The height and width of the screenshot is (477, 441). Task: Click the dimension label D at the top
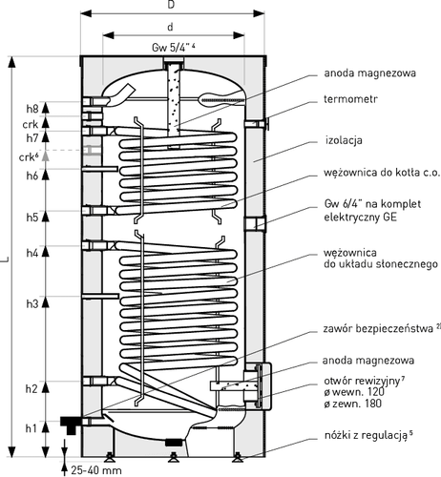tap(171, 5)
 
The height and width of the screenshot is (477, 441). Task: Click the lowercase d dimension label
tap(171, 27)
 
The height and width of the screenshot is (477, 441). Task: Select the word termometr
tap(350, 99)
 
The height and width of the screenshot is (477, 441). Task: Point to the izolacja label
tap(344, 140)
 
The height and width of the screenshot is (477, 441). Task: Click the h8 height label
tap(32, 109)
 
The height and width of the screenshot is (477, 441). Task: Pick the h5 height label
tap(32, 218)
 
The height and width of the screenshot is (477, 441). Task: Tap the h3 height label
tap(32, 303)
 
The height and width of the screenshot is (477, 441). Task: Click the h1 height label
tap(31, 428)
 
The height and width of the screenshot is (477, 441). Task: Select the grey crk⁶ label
tap(30, 156)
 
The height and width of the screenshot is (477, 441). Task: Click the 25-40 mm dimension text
tap(96, 470)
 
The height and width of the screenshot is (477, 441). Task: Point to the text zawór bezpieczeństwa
tap(378, 328)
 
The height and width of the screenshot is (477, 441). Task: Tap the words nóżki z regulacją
tap(366, 435)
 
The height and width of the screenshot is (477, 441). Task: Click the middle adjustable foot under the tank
tap(174, 458)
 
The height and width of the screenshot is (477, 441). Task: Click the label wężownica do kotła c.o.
tap(382, 173)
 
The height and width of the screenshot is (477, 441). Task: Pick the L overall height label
tap(5, 259)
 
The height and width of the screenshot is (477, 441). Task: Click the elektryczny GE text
tap(361, 218)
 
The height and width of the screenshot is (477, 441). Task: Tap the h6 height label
tap(32, 176)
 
